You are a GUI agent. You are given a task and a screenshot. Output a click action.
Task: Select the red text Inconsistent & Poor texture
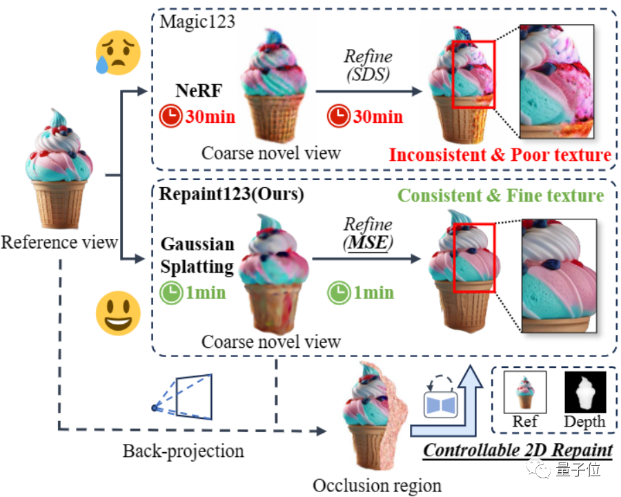tap(500, 154)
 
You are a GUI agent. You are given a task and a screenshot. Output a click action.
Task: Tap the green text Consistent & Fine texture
tap(501, 195)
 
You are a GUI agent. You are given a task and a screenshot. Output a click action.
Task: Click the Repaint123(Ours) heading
tap(232, 194)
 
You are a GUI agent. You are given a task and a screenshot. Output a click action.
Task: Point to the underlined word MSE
tap(367, 244)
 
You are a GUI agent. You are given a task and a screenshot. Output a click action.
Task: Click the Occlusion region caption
tap(377, 485)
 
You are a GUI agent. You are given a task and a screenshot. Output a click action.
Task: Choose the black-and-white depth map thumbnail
tap(585, 391)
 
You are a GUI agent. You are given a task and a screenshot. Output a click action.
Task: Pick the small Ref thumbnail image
tap(525, 391)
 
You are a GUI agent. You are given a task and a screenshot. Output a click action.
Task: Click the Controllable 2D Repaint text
tap(517, 451)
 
